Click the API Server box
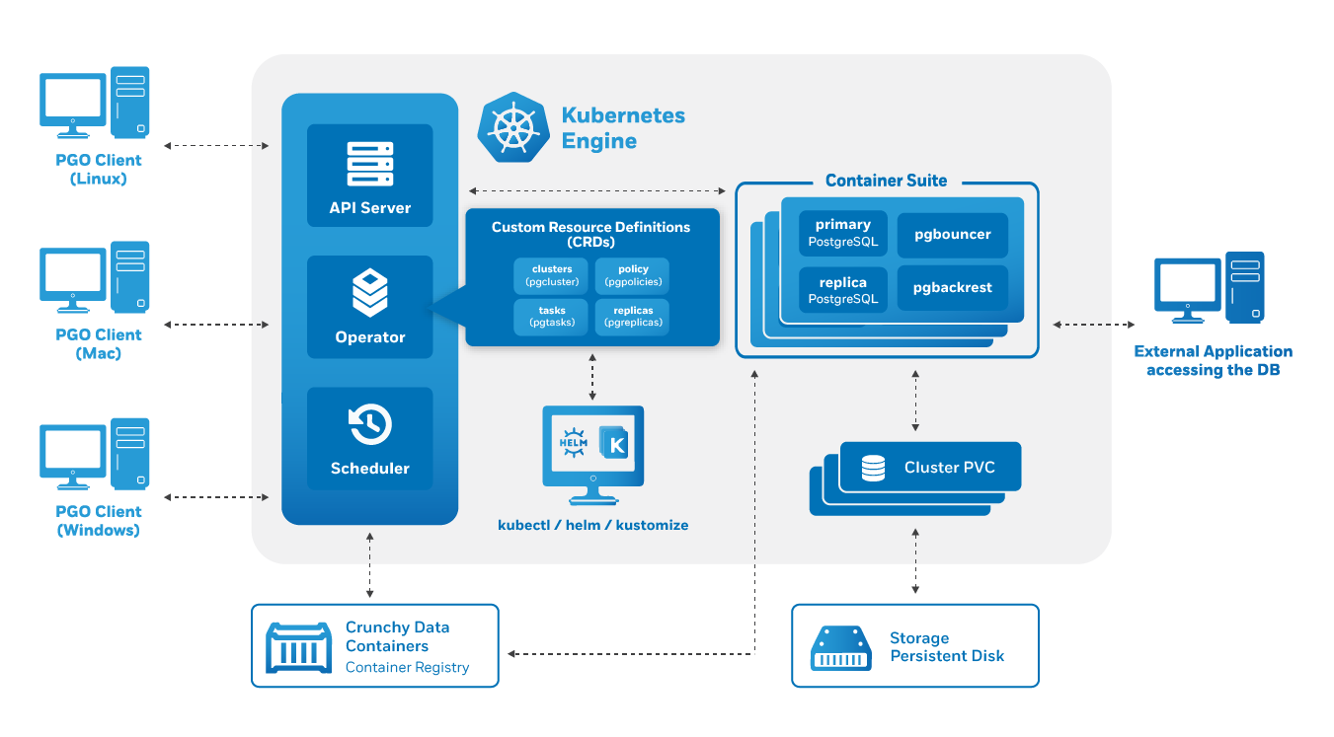[x=370, y=176]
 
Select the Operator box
[x=370, y=307]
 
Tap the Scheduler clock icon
[x=370, y=424]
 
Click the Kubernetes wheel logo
[x=513, y=128]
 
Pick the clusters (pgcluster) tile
[x=551, y=276]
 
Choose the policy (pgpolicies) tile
[x=633, y=276]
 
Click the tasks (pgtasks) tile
[x=551, y=317]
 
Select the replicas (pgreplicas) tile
[x=633, y=317]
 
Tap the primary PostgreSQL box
[x=842, y=233]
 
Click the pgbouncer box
[x=952, y=235]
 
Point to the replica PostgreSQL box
[x=842, y=290]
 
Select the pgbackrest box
[x=952, y=288]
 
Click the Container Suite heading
[x=886, y=181]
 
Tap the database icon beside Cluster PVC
[x=873, y=468]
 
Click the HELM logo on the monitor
[x=573, y=443]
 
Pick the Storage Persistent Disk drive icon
[x=841, y=648]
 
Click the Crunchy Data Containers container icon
[x=298, y=648]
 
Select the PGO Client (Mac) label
[x=99, y=343]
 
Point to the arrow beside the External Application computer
[x=1093, y=325]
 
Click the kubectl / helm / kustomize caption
[x=593, y=525]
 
